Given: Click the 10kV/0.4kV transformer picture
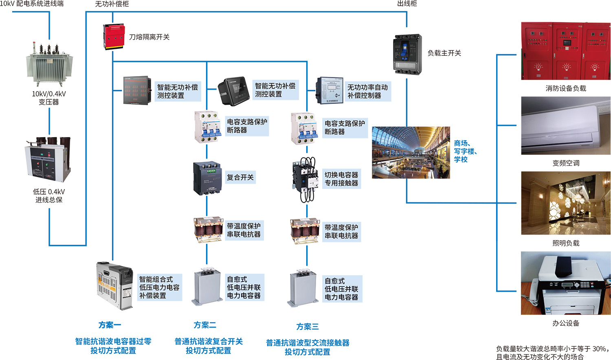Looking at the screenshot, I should click(49, 63).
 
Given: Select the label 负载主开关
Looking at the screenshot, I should click(444, 53).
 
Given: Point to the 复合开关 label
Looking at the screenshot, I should click(240, 178).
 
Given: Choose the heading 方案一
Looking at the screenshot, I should click(110, 325).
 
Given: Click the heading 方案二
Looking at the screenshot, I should click(205, 325).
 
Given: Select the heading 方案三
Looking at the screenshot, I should click(308, 327).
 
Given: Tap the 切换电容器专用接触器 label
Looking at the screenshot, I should click(341, 179).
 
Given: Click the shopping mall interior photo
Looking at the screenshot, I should click(411, 153).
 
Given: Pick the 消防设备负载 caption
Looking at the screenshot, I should click(566, 88).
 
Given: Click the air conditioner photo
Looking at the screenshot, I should click(566, 125).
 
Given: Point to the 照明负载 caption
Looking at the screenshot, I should click(566, 243).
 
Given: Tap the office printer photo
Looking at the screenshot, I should click(566, 283).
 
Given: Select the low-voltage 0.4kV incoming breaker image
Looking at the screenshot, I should click(48, 160).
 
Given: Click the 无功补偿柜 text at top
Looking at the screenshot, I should click(112, 4).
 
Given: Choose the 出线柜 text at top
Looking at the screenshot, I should click(407, 4).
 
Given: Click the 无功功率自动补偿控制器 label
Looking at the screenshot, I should click(367, 91).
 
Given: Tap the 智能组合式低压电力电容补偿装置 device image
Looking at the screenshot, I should click(115, 285).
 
